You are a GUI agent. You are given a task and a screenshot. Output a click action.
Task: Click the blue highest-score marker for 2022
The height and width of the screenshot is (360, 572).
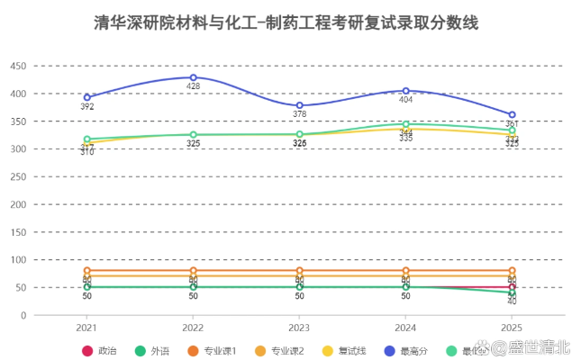pyautogui.click(x=193, y=77)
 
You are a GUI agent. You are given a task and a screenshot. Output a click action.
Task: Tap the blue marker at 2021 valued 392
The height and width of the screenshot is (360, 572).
pyautogui.click(x=87, y=97)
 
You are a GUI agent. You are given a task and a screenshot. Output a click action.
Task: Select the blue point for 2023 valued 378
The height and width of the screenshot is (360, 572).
pyautogui.click(x=299, y=105)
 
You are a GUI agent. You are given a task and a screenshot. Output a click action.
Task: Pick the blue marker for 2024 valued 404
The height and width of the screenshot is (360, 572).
pyautogui.click(x=405, y=91)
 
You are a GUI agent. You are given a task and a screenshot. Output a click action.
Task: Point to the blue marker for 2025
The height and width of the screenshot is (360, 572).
pyautogui.click(x=512, y=115)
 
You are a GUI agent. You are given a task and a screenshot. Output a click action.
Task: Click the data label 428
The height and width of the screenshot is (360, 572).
pyautogui.click(x=193, y=87)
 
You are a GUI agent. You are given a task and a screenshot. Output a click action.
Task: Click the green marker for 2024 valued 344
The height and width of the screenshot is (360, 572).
pyautogui.click(x=405, y=124)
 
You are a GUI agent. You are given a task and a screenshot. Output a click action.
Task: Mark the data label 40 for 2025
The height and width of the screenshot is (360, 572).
pyautogui.click(x=512, y=301)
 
